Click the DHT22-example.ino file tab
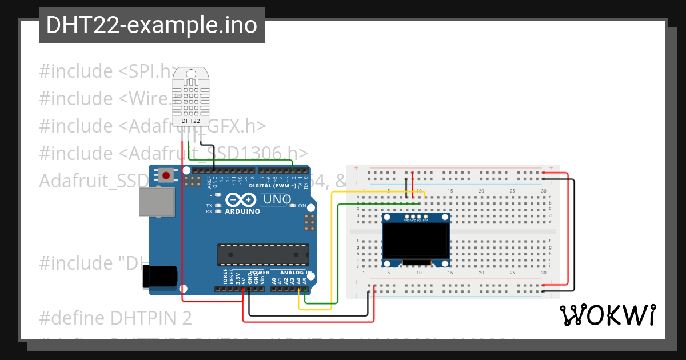[x=151, y=25]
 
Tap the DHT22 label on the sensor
[x=190, y=121]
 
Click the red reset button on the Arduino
[x=166, y=175]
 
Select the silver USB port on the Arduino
[x=156, y=202]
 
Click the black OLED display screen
[x=416, y=240]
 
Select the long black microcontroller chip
[x=263, y=255]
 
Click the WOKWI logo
[x=607, y=315]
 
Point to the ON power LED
[x=293, y=206]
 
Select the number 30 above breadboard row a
[x=543, y=191]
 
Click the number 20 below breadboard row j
[x=481, y=272]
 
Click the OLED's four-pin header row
[x=416, y=217]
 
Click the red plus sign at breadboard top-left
[x=356, y=168]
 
